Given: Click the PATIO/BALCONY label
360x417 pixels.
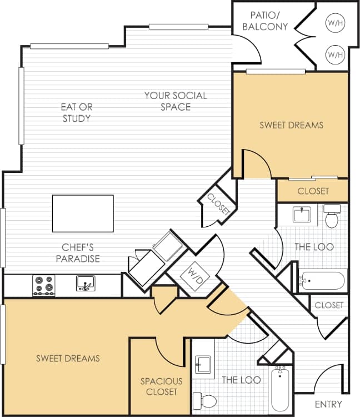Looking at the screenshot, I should pos(269,21).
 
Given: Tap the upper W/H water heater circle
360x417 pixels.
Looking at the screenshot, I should pos(334,23).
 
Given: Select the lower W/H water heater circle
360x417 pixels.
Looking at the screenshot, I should pos(334,54).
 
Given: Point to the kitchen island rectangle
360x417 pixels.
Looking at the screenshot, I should pos(83,213).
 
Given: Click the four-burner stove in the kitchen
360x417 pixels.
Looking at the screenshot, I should pos(44,285).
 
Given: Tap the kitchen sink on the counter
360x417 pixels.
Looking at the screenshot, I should pos(86,284).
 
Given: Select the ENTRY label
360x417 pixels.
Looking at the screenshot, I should pos(328,404).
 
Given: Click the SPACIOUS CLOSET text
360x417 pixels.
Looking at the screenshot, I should pos(161,386).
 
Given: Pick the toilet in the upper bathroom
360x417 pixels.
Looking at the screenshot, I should pos(332,216).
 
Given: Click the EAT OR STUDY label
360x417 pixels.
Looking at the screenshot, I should pos(77,112).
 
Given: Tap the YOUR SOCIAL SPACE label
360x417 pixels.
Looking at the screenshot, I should pos(176,101).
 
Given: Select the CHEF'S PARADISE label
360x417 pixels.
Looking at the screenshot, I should pos(81,253).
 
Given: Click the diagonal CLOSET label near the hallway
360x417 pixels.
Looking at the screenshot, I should pos(218,204).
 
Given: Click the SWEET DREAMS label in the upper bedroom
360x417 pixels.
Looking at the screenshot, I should pos(291,125).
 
